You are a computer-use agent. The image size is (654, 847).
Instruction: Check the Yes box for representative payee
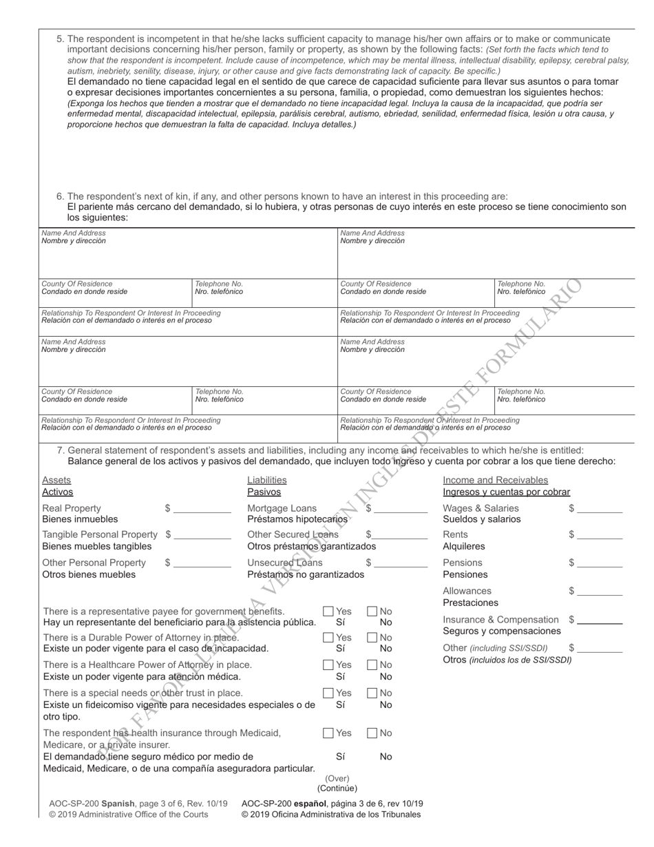(x=328, y=611)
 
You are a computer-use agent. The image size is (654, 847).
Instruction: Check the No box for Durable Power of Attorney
(x=372, y=638)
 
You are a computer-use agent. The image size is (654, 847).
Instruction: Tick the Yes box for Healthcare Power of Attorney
(x=328, y=665)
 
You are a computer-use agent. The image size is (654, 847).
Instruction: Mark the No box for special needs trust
(x=372, y=693)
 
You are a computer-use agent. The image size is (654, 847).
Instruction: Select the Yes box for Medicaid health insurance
(x=328, y=733)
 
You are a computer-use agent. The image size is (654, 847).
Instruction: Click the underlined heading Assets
(x=56, y=480)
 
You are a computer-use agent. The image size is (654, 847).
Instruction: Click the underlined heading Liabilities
(x=267, y=480)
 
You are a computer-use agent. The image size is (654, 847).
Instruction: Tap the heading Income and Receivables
(x=495, y=480)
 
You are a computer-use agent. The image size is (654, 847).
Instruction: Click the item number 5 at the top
(x=60, y=39)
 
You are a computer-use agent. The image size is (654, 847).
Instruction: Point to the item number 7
(x=60, y=450)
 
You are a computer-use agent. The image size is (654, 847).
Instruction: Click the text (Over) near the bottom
(x=337, y=779)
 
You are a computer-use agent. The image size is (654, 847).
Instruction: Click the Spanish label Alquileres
(x=463, y=546)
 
